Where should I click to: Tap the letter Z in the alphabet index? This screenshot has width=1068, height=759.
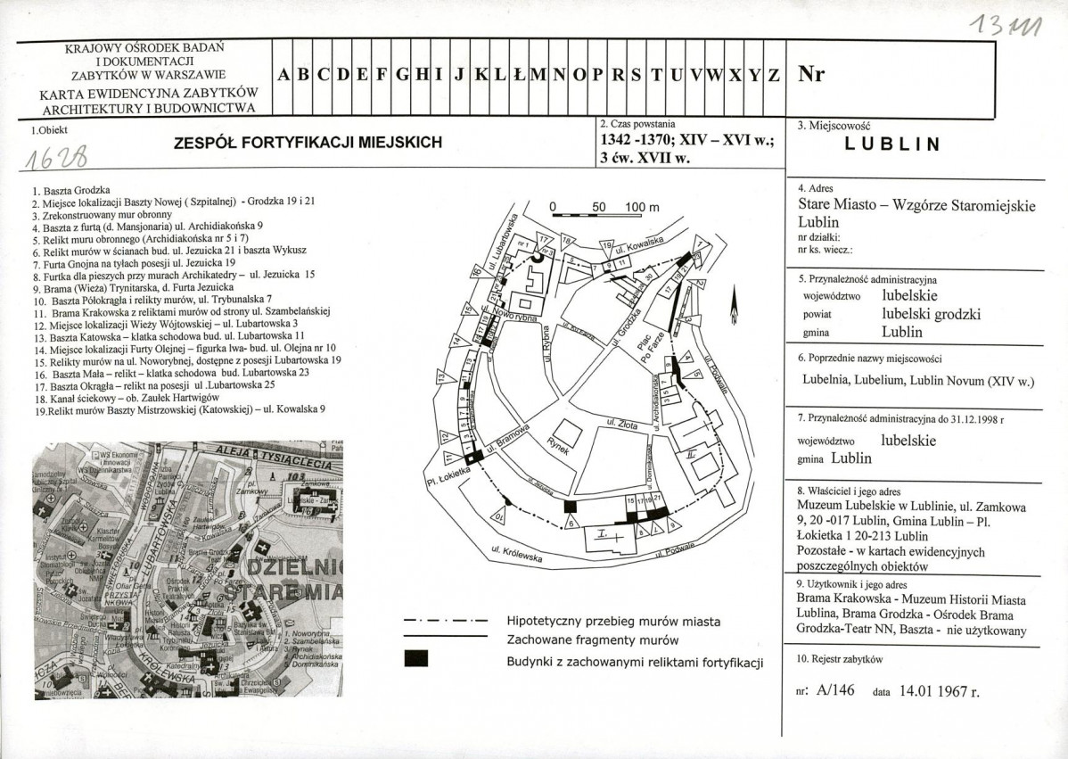[x=774, y=76]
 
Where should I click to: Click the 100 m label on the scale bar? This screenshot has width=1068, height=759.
[x=641, y=208]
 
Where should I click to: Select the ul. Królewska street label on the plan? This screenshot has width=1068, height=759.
[x=517, y=555]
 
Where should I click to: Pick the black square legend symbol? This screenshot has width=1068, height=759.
[x=415, y=659]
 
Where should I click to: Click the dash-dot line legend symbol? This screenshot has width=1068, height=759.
[x=445, y=620]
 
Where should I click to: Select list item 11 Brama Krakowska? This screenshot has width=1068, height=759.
[x=179, y=312]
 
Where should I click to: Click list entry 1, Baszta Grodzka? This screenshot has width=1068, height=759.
[x=70, y=191]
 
